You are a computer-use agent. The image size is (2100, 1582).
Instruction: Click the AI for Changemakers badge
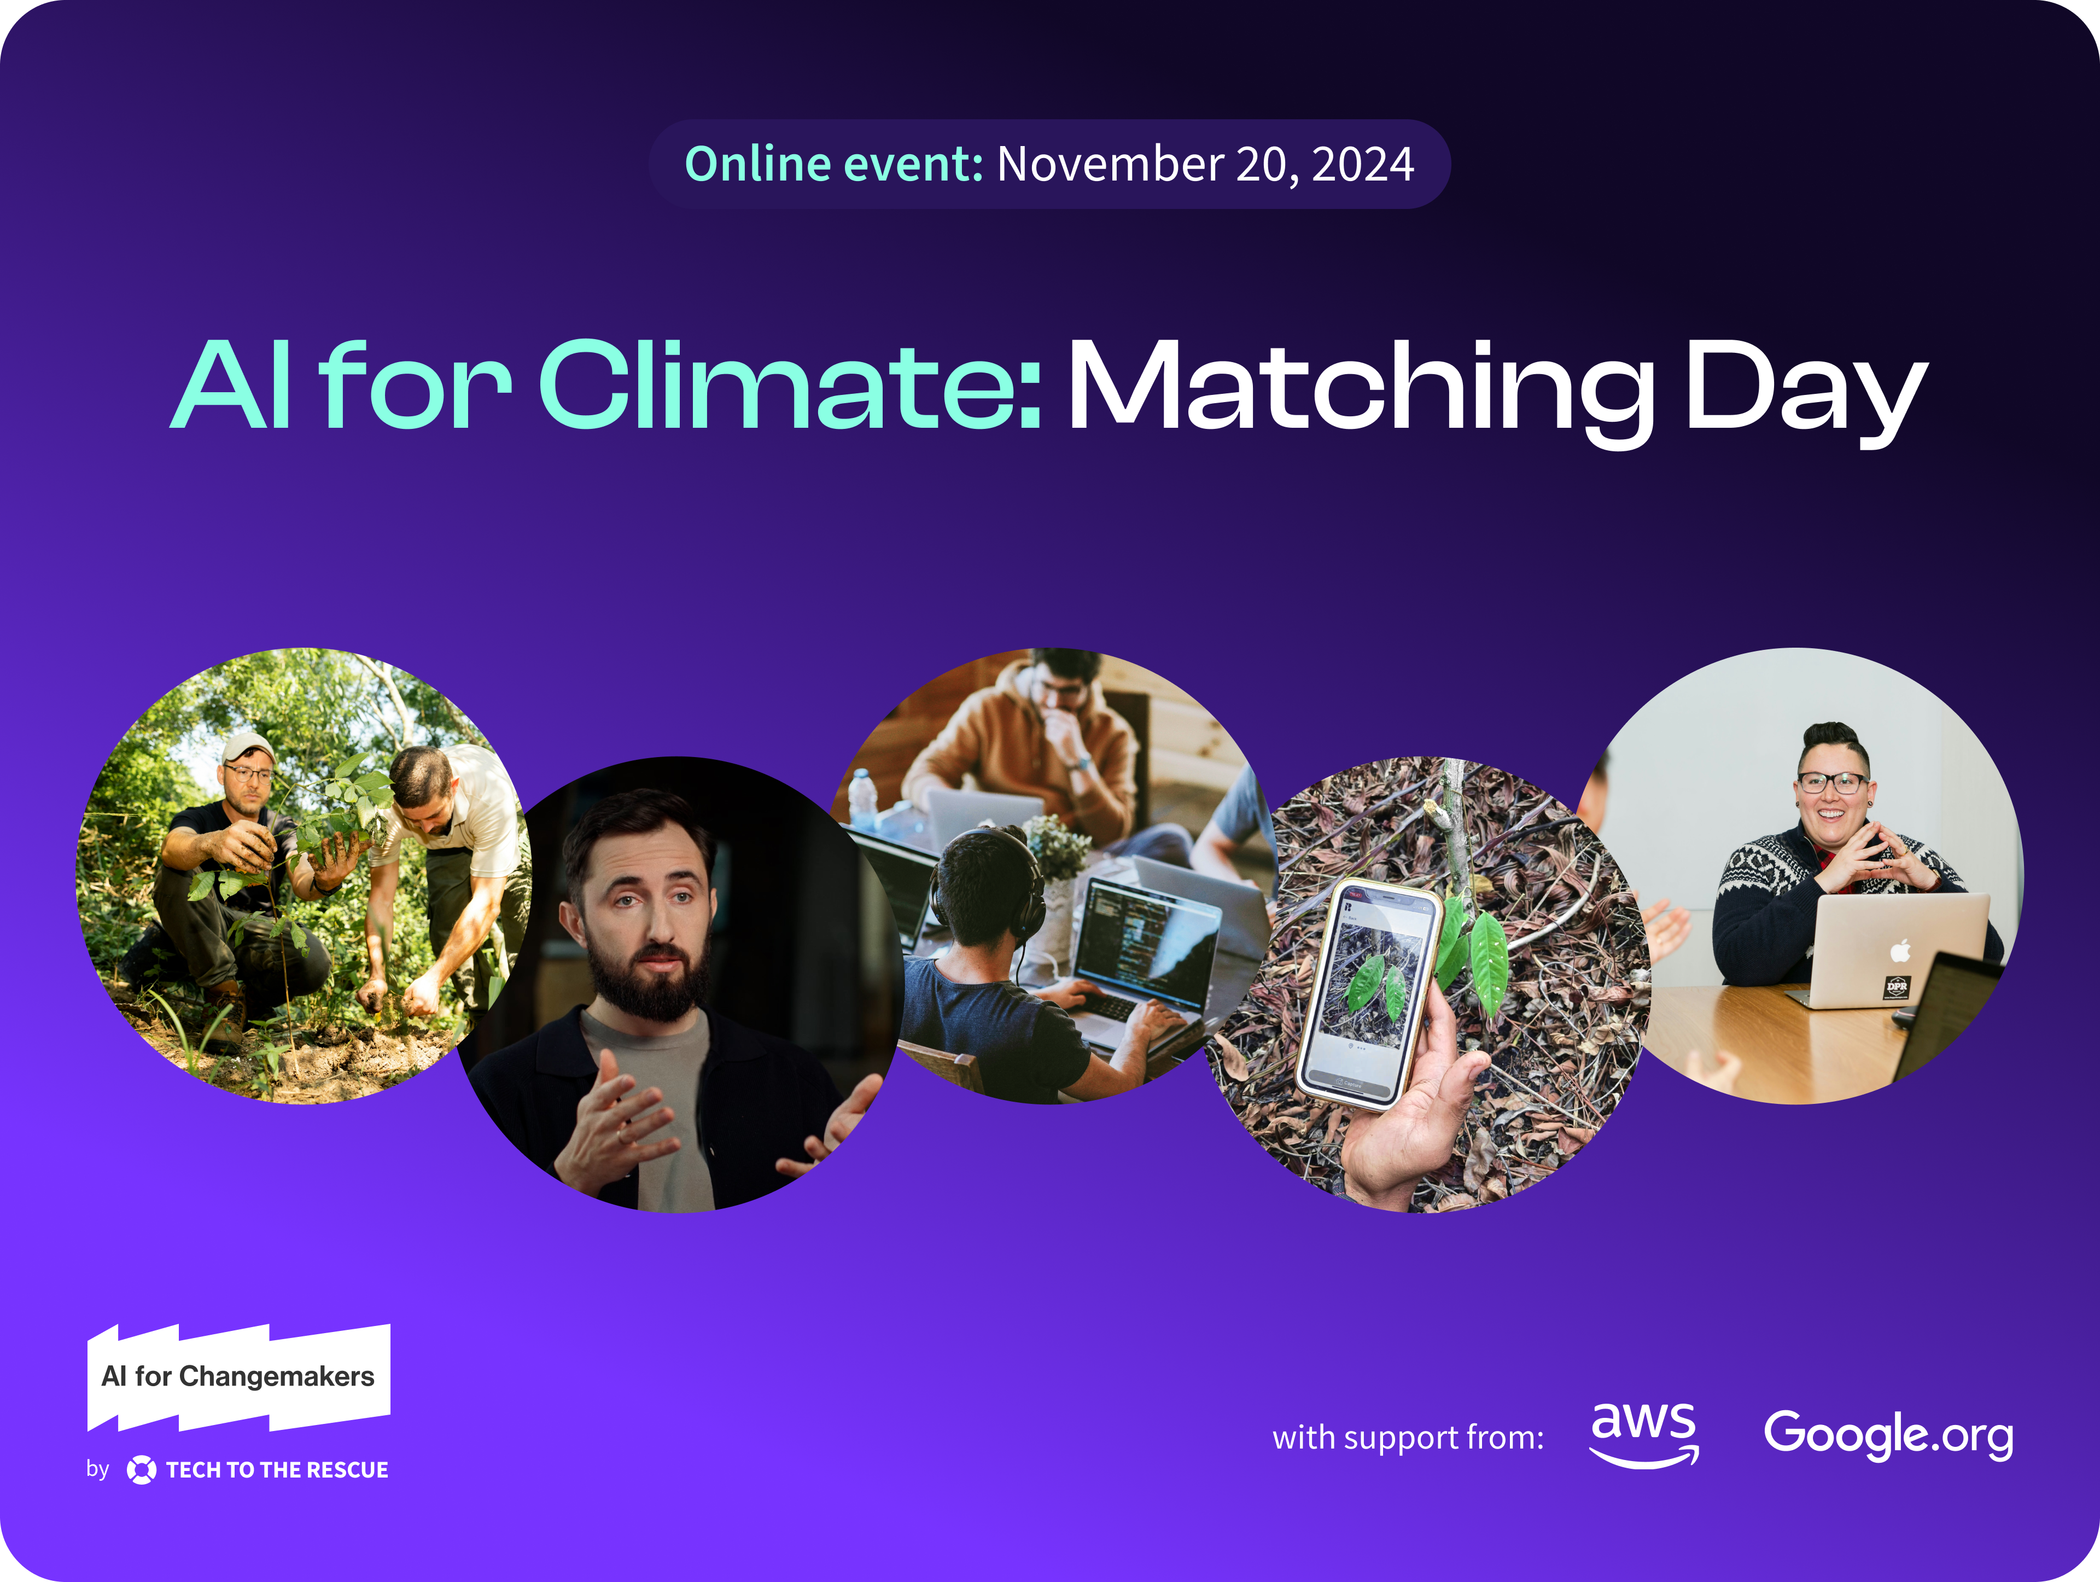(x=238, y=1377)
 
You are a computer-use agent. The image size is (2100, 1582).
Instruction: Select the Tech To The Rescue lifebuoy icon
(x=142, y=1470)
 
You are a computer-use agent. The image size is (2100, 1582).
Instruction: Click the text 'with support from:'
(x=1407, y=1438)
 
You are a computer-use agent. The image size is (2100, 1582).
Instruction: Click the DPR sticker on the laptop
(x=1896, y=987)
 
